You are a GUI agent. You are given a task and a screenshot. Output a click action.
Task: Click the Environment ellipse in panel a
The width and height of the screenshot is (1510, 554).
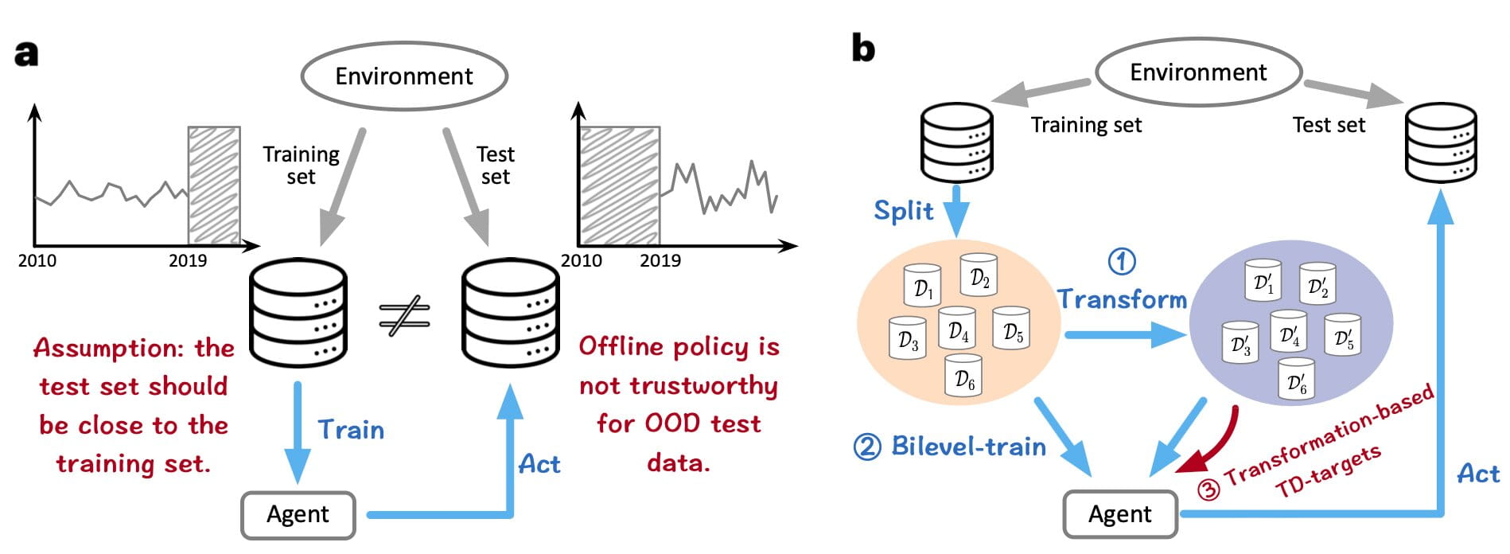[x=404, y=76]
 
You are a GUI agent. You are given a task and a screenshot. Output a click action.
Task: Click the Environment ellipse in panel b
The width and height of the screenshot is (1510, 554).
[x=1198, y=72]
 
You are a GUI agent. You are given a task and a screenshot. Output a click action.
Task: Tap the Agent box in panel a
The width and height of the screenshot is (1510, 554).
[x=298, y=515]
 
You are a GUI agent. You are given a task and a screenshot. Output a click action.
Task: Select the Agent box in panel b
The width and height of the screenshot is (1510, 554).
[x=1119, y=515]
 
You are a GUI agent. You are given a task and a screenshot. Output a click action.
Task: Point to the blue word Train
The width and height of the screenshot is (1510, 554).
[x=351, y=430]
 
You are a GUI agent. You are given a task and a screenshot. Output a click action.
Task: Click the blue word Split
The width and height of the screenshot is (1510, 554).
[x=903, y=211]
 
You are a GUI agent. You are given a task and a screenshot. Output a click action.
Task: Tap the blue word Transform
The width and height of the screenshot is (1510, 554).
[x=1122, y=299]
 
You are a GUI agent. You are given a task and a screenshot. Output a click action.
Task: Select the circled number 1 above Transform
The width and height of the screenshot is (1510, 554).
[x=1122, y=261]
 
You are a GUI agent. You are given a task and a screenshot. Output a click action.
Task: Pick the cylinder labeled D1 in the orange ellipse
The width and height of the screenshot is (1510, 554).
[x=922, y=285]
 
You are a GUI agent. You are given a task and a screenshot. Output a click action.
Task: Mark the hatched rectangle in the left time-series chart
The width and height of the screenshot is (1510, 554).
[x=213, y=185]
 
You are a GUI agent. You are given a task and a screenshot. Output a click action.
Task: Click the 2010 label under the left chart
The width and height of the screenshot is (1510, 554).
[x=37, y=261]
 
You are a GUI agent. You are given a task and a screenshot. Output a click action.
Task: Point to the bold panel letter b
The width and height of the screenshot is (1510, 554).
[x=863, y=49]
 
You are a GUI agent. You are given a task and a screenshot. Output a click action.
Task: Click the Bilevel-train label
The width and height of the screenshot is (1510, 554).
[x=950, y=447]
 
